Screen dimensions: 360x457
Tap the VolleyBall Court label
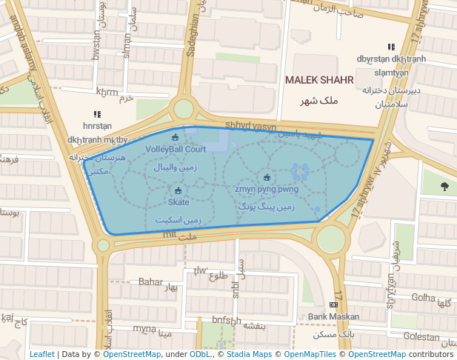(176, 149)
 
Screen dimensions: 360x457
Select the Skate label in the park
(179, 202)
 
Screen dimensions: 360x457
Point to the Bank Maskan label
(334, 317)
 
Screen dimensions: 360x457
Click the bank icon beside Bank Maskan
(333, 304)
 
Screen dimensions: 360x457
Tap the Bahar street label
(150, 282)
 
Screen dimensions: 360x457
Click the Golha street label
(424, 297)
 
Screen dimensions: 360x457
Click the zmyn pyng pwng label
(267, 189)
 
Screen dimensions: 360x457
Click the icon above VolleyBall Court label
(176, 137)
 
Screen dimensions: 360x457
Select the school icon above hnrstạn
(97, 114)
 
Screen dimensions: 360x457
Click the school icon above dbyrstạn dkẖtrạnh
(391, 47)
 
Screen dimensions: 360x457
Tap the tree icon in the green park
(444, 186)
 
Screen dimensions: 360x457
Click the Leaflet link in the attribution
(41, 354)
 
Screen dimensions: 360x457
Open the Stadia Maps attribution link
(249, 354)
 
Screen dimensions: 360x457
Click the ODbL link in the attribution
(200, 354)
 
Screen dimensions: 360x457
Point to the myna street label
(144, 328)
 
